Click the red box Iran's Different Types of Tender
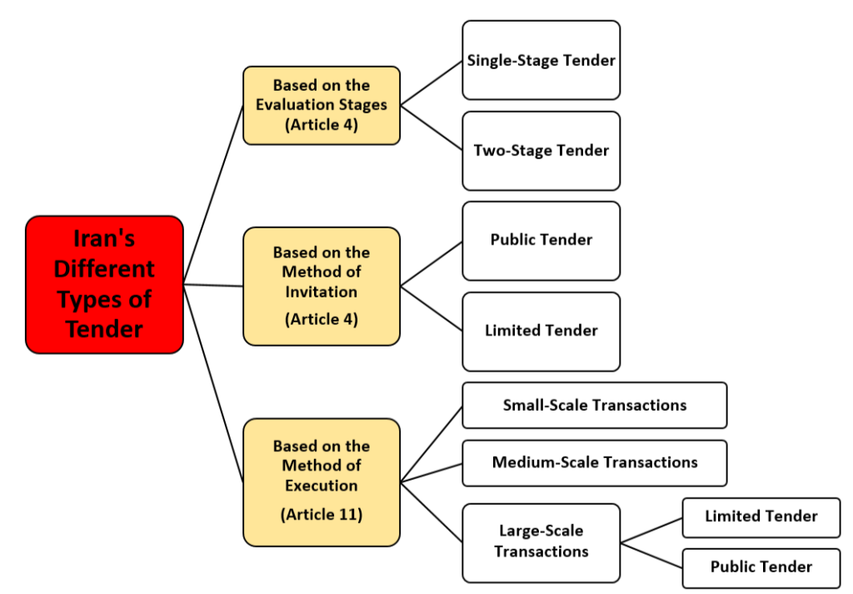tap(104, 284)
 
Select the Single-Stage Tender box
tap(541, 60)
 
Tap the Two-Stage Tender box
tap(541, 151)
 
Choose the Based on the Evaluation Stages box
tap(322, 105)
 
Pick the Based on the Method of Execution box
tap(322, 482)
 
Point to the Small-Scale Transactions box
tap(594, 405)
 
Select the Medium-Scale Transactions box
tap(594, 462)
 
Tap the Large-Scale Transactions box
tap(541, 542)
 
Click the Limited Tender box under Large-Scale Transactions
tap(761, 517)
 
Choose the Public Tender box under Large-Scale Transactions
tap(761, 567)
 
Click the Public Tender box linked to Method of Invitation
tap(541, 240)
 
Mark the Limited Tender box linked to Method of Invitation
tap(541, 331)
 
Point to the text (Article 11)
tap(322, 514)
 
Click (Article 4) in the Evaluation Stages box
tap(322, 125)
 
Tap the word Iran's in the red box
tap(104, 239)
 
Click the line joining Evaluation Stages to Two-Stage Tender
tap(431, 127)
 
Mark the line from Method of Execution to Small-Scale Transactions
tap(431, 443)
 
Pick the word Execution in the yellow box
tap(322, 486)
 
